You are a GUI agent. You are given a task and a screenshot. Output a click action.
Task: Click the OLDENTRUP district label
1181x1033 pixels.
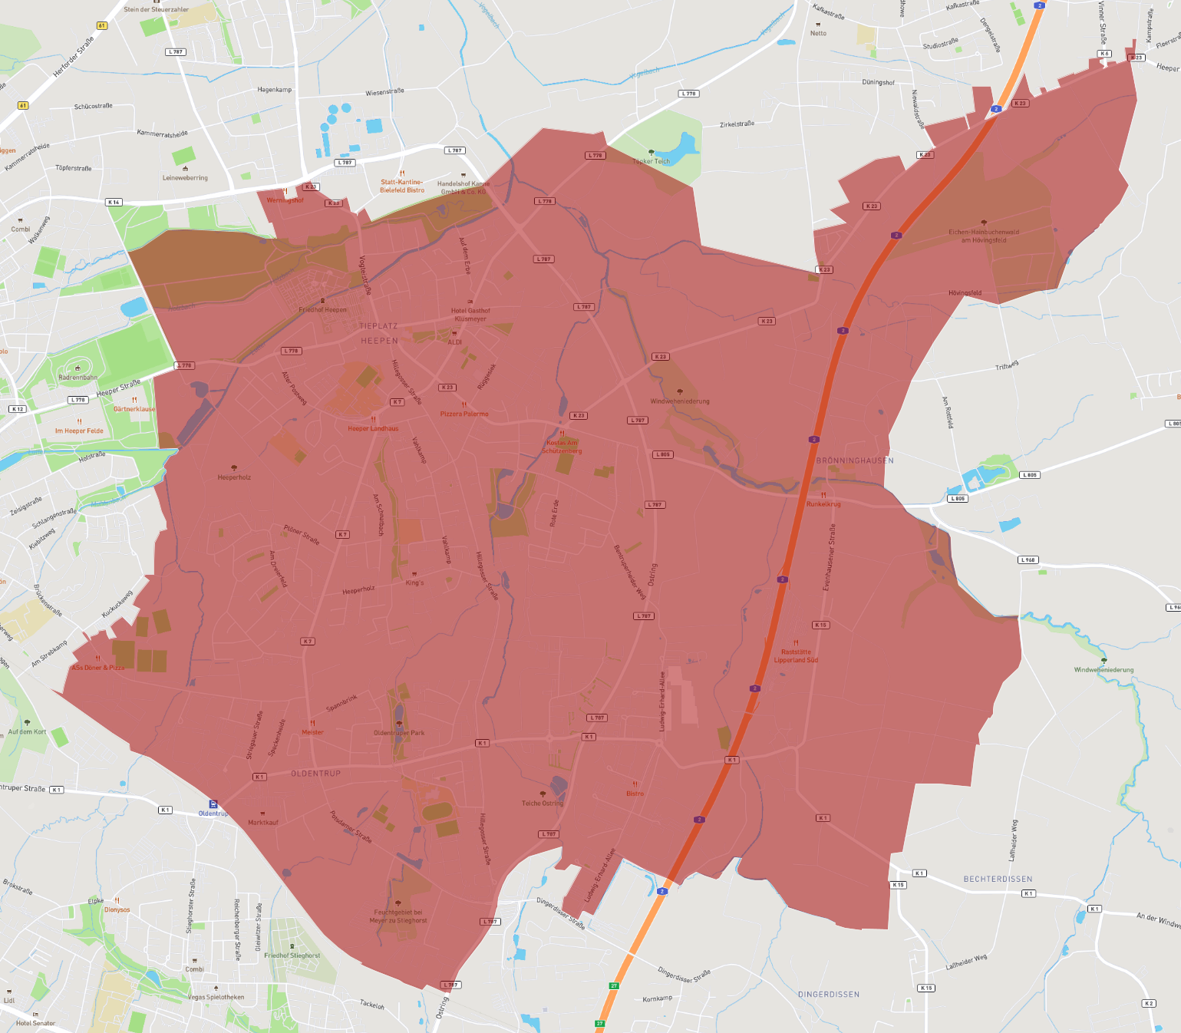(x=315, y=774)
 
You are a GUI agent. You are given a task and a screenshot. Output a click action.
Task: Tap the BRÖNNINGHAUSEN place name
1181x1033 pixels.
(x=855, y=460)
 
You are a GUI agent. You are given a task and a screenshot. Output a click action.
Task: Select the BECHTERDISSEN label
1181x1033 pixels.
(x=998, y=879)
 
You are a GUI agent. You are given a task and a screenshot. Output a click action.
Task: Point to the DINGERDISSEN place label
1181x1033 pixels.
(x=829, y=995)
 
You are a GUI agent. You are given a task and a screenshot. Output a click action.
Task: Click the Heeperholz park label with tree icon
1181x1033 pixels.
(x=234, y=477)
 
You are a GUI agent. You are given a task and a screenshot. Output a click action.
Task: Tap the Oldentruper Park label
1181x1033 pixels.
(x=399, y=732)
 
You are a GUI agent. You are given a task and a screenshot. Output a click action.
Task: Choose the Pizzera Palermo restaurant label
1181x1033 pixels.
(x=464, y=414)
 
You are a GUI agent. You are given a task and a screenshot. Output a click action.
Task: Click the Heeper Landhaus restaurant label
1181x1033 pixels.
(x=373, y=428)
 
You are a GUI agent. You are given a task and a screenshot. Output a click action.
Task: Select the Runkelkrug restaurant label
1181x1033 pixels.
(x=823, y=504)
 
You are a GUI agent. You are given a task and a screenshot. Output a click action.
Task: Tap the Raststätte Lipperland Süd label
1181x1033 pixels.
(x=796, y=656)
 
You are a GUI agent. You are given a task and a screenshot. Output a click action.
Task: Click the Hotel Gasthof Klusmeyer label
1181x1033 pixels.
(x=470, y=315)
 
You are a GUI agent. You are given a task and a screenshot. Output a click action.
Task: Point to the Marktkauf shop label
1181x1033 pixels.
(x=263, y=822)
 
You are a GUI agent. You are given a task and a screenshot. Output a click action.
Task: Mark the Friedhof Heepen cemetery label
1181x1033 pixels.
(x=323, y=309)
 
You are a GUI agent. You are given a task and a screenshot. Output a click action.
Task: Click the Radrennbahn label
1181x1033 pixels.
(x=78, y=377)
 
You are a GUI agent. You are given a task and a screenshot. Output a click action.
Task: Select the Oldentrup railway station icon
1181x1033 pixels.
(x=213, y=804)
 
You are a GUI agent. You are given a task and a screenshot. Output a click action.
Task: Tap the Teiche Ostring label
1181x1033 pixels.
(x=543, y=803)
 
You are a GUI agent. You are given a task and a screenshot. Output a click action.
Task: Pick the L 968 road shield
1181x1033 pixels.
(x=1028, y=559)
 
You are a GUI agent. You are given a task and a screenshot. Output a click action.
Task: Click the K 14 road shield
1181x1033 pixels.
(x=114, y=202)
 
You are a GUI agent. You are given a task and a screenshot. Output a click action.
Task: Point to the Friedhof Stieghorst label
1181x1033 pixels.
(x=292, y=955)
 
